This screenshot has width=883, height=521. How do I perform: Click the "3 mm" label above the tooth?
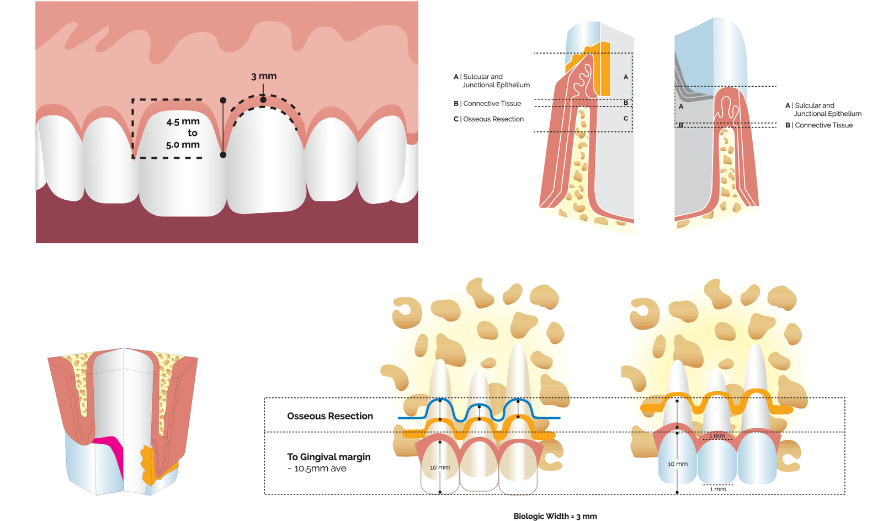(x=264, y=76)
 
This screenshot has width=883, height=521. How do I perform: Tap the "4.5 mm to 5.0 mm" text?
(x=183, y=133)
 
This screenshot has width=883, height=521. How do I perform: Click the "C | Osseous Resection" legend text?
(x=489, y=119)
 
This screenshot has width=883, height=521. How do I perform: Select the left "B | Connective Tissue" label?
(x=488, y=104)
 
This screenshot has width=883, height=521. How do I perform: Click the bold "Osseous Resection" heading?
(x=330, y=416)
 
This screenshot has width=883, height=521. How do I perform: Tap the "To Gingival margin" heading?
(x=329, y=457)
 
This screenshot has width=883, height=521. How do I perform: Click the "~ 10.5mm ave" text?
(x=317, y=469)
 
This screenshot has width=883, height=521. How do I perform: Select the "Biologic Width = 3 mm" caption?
(x=555, y=516)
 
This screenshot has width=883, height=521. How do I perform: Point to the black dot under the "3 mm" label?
(x=263, y=99)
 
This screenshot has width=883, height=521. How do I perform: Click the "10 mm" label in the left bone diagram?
(x=440, y=467)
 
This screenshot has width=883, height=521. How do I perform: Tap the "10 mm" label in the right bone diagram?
(x=678, y=464)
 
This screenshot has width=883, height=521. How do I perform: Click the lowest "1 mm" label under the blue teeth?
(x=718, y=489)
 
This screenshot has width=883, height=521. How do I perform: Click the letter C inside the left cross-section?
(x=626, y=119)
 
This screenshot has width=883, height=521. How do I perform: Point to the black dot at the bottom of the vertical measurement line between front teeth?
(x=223, y=155)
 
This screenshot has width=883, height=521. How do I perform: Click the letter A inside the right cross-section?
(x=681, y=107)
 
